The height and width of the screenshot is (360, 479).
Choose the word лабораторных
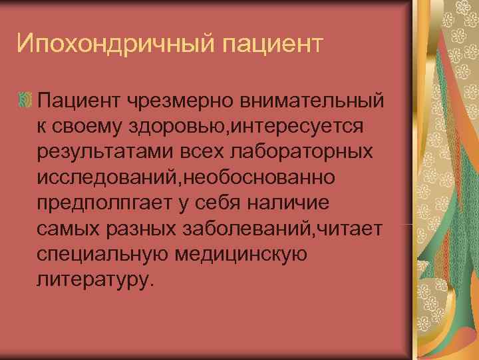[311, 151]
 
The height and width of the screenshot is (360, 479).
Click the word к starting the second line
[41, 126]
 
